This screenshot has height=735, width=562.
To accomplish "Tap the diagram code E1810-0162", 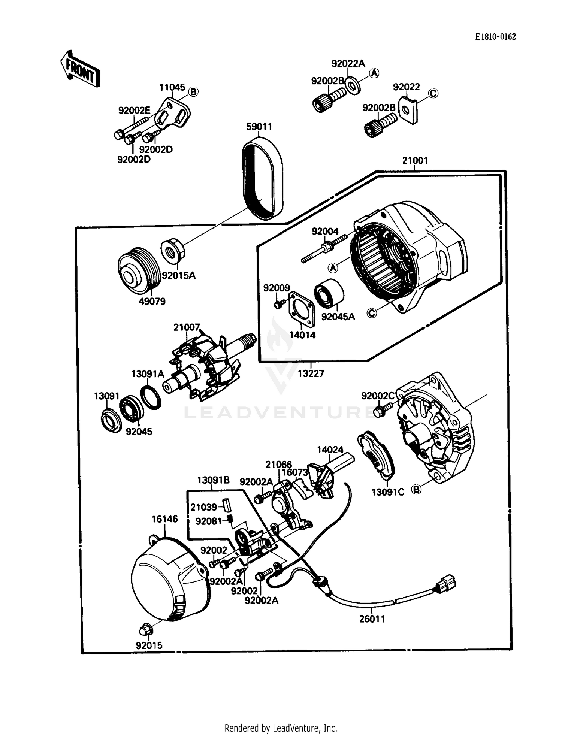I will [495, 37].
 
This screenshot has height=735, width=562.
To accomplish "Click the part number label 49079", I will [152, 301].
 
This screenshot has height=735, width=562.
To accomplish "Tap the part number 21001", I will [415, 160].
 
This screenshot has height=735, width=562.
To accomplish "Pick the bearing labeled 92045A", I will [329, 294].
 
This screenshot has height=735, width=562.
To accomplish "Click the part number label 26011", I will [372, 619].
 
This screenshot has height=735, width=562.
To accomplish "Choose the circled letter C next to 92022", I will [433, 93].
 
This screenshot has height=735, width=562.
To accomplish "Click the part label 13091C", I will [387, 492].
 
